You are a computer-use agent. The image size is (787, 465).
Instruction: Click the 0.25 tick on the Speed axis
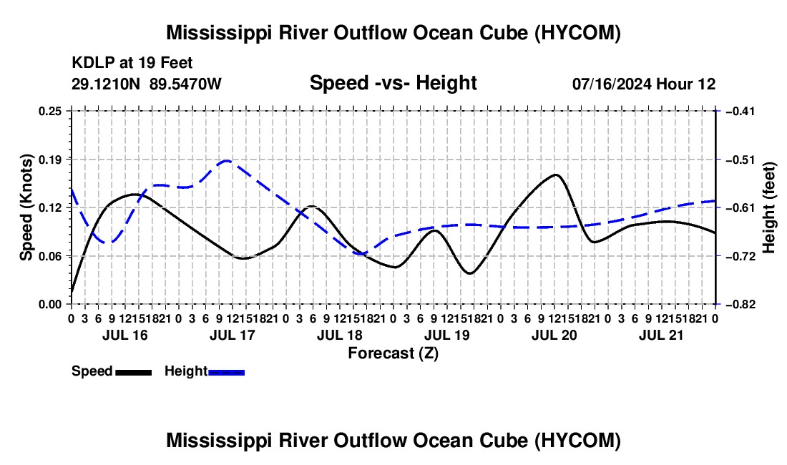[x=49, y=111]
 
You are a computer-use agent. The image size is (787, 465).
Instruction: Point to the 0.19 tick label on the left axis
[x=49, y=160]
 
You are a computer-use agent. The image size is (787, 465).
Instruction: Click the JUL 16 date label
[x=125, y=335]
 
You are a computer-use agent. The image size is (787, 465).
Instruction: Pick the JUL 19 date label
[x=446, y=335]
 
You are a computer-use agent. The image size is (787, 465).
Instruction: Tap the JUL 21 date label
[x=661, y=335]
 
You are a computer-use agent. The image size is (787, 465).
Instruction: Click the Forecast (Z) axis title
[x=393, y=353]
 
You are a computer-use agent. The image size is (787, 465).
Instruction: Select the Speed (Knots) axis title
[x=26, y=207]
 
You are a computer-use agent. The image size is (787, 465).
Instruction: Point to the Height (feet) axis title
[x=769, y=207]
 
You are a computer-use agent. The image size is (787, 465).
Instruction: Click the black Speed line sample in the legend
[x=134, y=373]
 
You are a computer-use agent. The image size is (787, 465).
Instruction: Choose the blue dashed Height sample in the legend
[x=226, y=373]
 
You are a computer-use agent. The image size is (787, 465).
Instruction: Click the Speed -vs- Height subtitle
[x=393, y=83]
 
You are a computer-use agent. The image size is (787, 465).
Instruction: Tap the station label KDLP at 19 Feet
[x=132, y=63]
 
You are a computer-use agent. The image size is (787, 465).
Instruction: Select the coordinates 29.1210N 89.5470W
[x=146, y=84]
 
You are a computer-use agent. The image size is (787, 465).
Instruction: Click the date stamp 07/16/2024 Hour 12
[x=644, y=84]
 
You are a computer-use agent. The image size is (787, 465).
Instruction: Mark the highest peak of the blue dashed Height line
[x=226, y=160]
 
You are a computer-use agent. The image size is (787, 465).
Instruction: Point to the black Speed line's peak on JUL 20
[x=556, y=175]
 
